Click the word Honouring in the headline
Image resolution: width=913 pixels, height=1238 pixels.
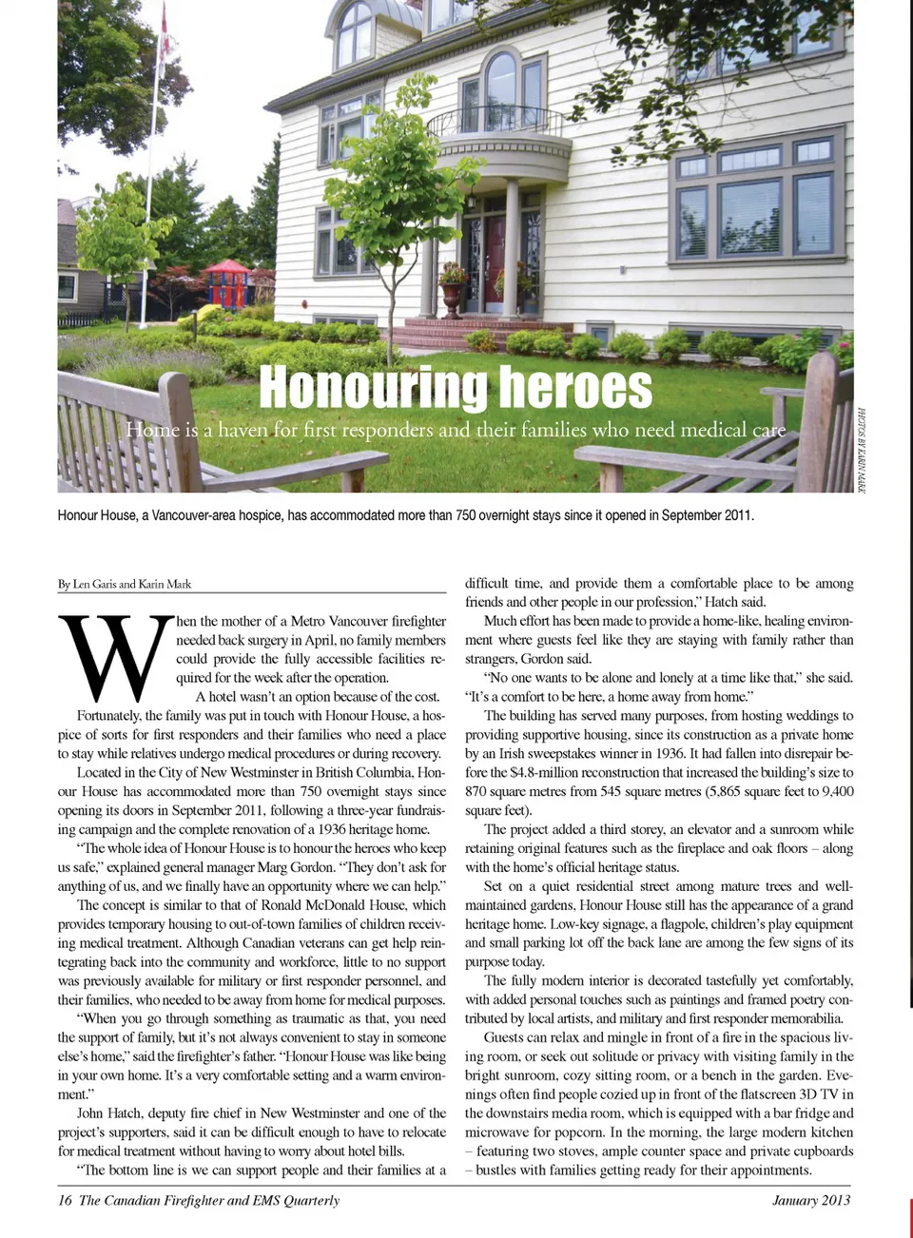coord(373,388)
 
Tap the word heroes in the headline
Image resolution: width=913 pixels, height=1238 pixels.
coord(575,388)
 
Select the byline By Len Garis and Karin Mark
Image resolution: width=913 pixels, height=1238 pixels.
coord(125,584)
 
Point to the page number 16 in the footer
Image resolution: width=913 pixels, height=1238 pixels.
coord(65,1200)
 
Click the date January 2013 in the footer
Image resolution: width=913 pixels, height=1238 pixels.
coord(810,1200)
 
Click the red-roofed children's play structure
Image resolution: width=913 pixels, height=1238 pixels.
coord(226,282)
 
